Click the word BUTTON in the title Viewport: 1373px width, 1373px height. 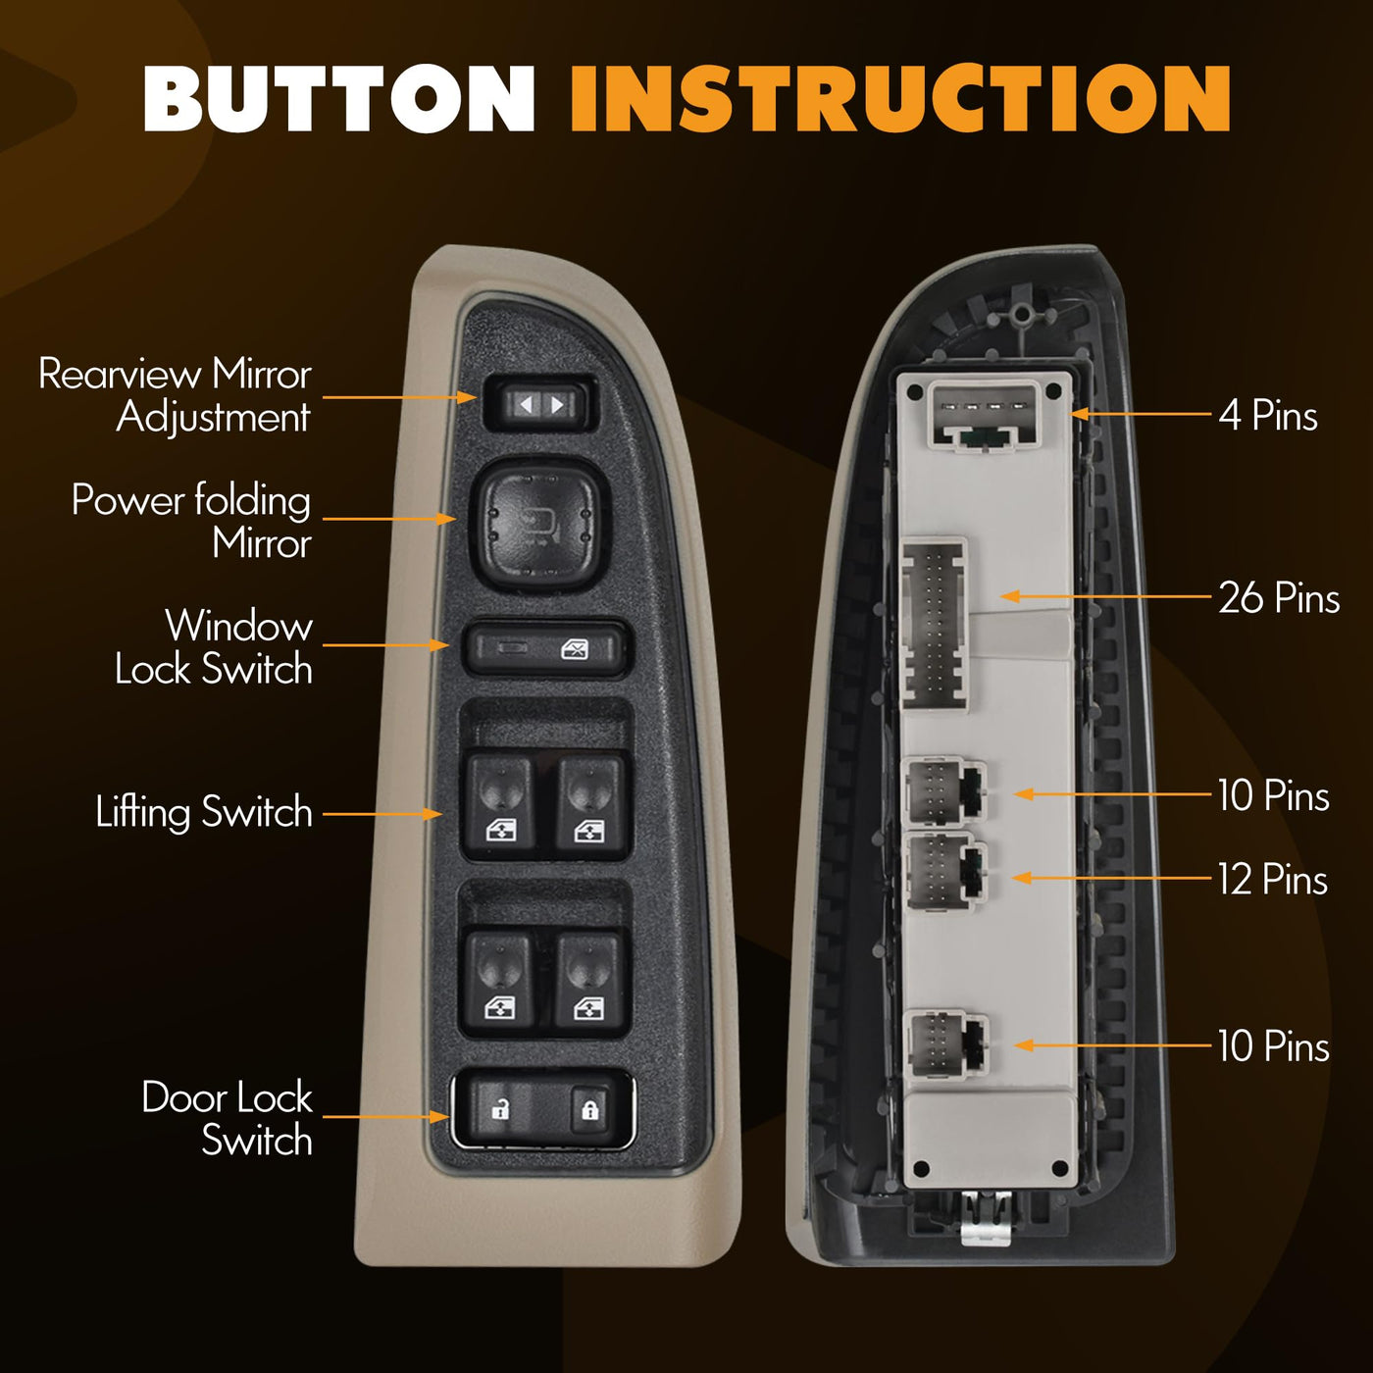[338, 99]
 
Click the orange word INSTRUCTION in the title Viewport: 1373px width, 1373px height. [900, 99]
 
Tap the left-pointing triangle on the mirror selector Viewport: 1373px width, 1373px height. [526, 405]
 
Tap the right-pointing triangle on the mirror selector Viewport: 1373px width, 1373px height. [557, 405]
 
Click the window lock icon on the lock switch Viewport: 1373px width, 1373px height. [575, 649]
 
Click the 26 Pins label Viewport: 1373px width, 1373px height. [1279, 597]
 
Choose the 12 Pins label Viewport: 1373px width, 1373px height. [1273, 879]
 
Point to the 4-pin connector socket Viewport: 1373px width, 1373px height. [984, 417]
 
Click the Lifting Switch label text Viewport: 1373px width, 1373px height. [205, 812]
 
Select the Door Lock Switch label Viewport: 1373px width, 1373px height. [228, 1118]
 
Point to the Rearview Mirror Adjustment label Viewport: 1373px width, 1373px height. [176, 394]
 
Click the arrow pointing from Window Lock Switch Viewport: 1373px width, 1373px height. [386, 644]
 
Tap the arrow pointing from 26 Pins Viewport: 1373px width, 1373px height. [1106, 595]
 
